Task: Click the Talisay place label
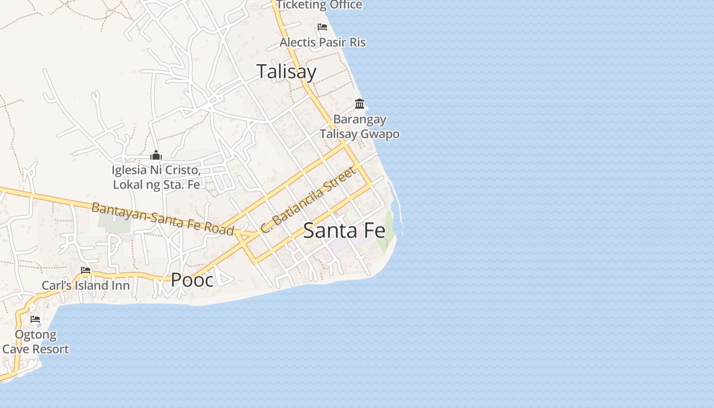pos(286,71)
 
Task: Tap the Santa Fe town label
pos(344,231)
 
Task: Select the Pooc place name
pos(192,279)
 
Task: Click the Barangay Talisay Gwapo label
pos(360,126)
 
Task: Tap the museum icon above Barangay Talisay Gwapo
pos(360,104)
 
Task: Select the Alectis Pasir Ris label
pos(322,42)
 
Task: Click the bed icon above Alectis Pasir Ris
pos(322,27)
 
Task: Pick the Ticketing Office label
pos(319,5)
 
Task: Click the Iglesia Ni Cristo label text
pos(156,176)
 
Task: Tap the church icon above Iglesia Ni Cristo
pos(156,156)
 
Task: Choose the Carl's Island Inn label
pos(86,286)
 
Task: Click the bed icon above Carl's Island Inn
pos(86,270)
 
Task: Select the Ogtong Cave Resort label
pos(35,342)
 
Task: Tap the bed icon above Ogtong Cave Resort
pos(35,319)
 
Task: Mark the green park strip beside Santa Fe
pos(389,229)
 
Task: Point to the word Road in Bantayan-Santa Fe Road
pos(220,228)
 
